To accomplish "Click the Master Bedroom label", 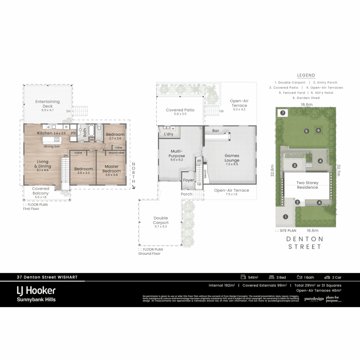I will [x=112, y=169].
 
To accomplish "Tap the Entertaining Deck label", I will [x=48, y=104].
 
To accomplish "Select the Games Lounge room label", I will [x=232, y=158].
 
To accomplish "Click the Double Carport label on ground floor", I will [x=161, y=220].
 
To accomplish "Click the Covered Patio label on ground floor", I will [x=180, y=110].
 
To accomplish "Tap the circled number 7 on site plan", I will [x=283, y=113].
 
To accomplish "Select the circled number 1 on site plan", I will [x=285, y=217].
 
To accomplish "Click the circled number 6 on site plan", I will [x=318, y=130].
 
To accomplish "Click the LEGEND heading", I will [x=306, y=75].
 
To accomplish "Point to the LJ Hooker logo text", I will [x=36, y=291].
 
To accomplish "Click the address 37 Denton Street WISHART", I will [x=47, y=277].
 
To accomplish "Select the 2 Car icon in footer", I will [x=327, y=277].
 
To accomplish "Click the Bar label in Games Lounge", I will [x=216, y=131].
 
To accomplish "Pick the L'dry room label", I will [x=168, y=134].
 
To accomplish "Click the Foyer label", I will [x=188, y=180].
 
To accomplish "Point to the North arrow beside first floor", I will [x=134, y=187].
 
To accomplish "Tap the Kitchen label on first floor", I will [x=45, y=133].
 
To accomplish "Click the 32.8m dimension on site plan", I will [x=272, y=171].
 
